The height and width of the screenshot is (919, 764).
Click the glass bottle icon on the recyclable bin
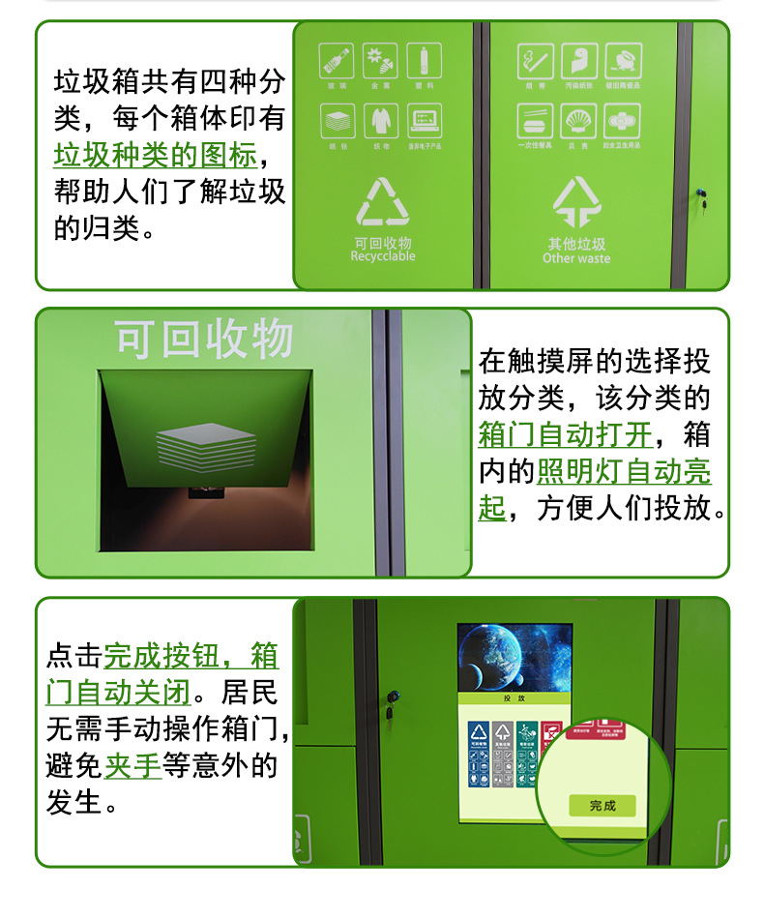coord(336,61)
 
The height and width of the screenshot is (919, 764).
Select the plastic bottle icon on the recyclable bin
coord(424,61)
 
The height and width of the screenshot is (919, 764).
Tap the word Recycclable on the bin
coord(383,257)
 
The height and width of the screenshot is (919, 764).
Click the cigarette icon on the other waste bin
coord(535,61)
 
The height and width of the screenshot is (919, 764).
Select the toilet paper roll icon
coord(578,61)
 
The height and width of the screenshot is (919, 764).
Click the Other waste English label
coord(576,259)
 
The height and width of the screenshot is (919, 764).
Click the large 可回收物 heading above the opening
coord(204,340)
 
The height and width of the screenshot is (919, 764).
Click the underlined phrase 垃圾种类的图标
coord(155,155)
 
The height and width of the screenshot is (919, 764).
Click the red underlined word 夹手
coord(132,765)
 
